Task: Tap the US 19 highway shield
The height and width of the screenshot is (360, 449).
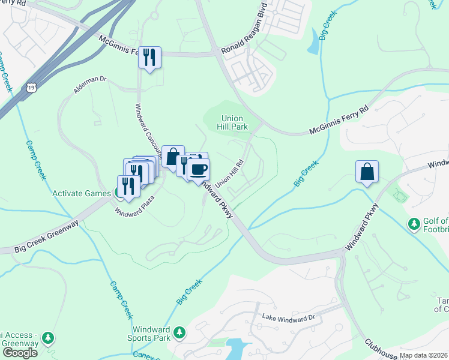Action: [x=32, y=88]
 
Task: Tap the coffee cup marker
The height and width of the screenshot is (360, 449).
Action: [x=198, y=168]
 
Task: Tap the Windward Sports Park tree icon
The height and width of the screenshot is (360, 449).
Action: [x=179, y=332]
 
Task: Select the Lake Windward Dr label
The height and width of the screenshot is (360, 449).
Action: [x=288, y=316]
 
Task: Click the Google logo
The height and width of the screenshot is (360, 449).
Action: [x=19, y=353]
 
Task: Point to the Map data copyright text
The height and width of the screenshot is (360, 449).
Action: [x=424, y=355]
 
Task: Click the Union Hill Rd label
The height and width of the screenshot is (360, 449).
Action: [x=231, y=172]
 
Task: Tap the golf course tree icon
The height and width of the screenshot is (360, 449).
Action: [x=414, y=224]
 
